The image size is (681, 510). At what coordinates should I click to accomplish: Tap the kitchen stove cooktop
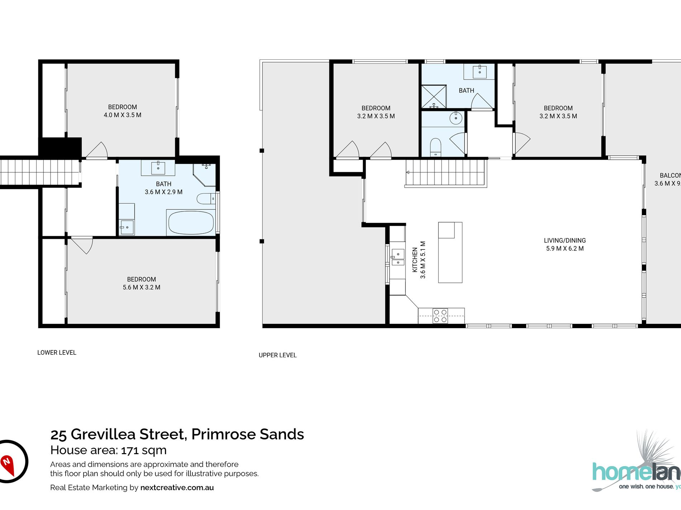[440, 316]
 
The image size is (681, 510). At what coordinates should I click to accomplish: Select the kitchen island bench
[450, 252]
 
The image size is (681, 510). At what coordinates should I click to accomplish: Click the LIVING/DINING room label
[565, 241]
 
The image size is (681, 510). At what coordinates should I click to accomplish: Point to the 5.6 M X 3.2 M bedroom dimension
[142, 287]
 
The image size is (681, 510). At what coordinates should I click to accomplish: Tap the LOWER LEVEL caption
[57, 353]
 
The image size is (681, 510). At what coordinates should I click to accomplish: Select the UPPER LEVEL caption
[277, 355]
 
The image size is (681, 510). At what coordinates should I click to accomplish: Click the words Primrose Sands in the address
[248, 434]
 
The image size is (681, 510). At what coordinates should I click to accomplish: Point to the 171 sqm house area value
[144, 450]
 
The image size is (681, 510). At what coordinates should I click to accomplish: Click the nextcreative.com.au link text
[177, 487]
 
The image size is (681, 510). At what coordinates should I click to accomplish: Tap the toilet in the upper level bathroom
[435, 147]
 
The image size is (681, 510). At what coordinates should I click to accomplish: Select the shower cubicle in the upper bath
[434, 97]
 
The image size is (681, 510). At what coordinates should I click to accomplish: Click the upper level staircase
[446, 172]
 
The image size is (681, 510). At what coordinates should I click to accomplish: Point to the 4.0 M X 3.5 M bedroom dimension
[123, 115]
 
